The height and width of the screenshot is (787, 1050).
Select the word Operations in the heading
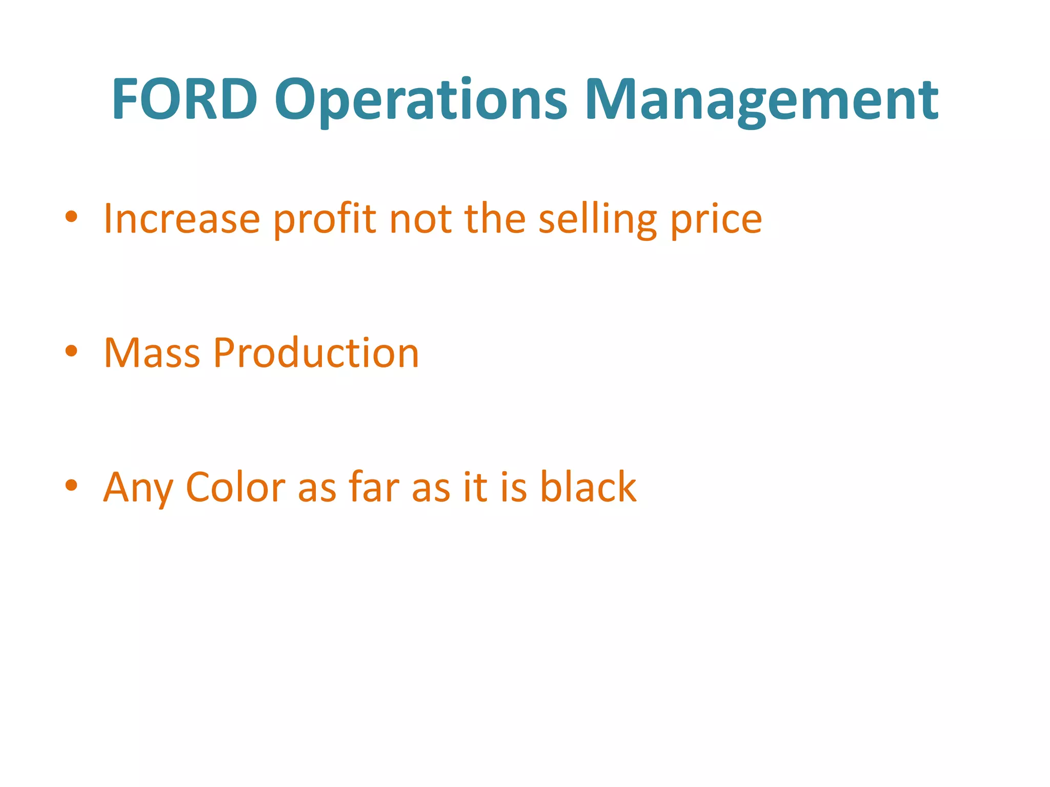[420, 100]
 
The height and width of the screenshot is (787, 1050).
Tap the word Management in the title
[761, 100]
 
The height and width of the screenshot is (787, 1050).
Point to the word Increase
[182, 219]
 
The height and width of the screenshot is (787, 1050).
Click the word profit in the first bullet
[325, 219]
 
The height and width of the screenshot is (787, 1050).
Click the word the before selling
[495, 218]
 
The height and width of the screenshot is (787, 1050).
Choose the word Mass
[152, 353]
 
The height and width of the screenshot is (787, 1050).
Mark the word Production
[316, 353]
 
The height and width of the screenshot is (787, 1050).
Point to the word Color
[235, 487]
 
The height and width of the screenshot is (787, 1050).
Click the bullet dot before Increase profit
[71, 217]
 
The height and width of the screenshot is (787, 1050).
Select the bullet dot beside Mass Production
[71, 351]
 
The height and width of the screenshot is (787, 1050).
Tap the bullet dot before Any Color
[71, 485]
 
